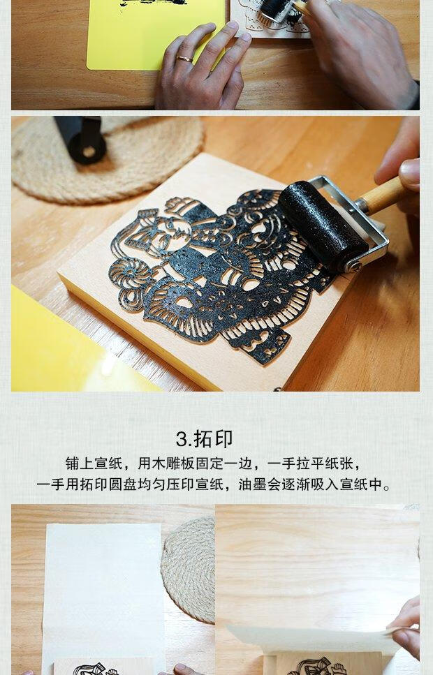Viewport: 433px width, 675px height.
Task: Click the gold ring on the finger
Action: (184, 59)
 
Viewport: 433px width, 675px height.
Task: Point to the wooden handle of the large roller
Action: (383, 195)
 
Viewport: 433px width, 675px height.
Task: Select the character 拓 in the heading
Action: (203, 439)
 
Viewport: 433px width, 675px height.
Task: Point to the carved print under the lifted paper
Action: (318, 666)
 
